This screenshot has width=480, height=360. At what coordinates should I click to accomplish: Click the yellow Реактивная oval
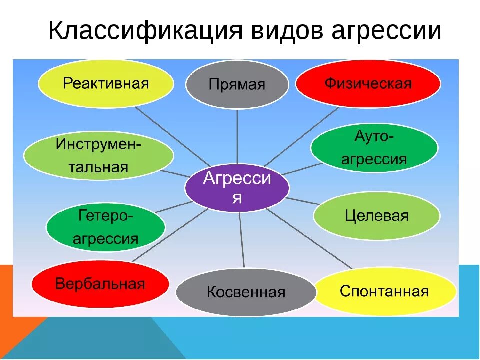click(x=106, y=83)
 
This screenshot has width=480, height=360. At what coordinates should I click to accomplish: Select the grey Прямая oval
click(x=237, y=84)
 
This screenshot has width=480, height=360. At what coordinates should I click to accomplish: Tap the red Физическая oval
click(x=368, y=83)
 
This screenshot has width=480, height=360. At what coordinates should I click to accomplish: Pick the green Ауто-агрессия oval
click(x=374, y=148)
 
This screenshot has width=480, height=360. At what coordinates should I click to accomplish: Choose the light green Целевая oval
click(x=377, y=216)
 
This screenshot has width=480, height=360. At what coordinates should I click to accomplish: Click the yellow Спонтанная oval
click(x=384, y=291)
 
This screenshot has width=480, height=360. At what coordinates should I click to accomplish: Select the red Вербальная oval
click(x=100, y=285)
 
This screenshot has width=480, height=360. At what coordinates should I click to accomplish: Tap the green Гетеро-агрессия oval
click(x=105, y=228)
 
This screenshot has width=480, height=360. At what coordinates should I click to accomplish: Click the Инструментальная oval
click(x=98, y=155)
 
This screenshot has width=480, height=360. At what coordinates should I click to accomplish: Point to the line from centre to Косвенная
click(x=242, y=240)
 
